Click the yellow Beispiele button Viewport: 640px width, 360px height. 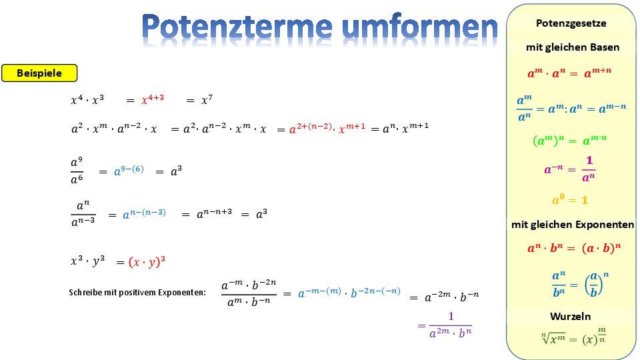(x=39, y=73)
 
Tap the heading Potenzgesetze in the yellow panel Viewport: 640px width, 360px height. (x=571, y=23)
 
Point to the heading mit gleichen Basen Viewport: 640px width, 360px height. (x=573, y=47)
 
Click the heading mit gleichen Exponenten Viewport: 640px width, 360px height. (x=573, y=225)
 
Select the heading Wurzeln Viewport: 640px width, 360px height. (x=570, y=316)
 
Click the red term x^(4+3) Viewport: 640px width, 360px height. (x=153, y=99)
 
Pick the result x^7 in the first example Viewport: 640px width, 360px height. (x=207, y=99)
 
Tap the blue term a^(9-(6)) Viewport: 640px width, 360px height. (x=129, y=170)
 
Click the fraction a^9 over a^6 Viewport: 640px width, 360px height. (x=77, y=171)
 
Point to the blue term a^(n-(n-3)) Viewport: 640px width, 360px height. (x=145, y=213)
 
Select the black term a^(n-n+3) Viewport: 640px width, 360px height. (x=214, y=213)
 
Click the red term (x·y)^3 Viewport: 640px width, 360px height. (x=147, y=261)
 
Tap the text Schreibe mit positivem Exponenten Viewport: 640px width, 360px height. (x=137, y=292)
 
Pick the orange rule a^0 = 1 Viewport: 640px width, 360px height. (x=570, y=199)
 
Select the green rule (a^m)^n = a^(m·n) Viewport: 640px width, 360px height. (x=570, y=140)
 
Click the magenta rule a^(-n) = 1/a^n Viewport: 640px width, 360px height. (x=570, y=169)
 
